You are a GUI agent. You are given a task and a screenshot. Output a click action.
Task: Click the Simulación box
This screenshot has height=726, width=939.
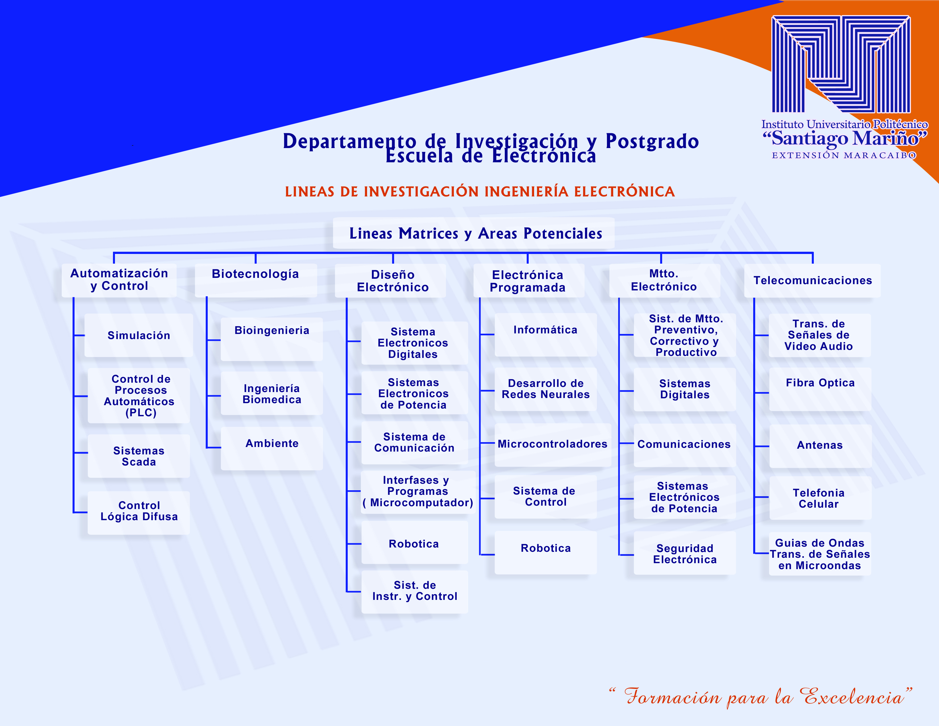[139, 335]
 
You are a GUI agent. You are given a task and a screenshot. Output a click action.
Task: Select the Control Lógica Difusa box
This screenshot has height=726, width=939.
[139, 513]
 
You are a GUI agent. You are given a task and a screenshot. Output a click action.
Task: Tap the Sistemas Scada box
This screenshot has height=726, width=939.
[139, 456]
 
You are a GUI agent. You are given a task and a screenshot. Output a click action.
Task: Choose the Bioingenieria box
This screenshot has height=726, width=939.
[272, 339]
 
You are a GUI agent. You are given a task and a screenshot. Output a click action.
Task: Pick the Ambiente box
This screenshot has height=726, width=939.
[272, 448]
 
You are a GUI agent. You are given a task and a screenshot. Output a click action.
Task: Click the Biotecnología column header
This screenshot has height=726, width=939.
[256, 280]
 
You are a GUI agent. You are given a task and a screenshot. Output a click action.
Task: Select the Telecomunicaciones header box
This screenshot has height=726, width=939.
[812, 280]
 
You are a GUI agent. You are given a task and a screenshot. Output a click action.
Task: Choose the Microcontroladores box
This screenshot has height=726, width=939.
[553, 445]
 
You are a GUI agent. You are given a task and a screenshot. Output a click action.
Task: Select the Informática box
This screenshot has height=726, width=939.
[545, 335]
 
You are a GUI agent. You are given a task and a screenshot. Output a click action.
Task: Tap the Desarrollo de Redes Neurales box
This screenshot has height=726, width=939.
[545, 389]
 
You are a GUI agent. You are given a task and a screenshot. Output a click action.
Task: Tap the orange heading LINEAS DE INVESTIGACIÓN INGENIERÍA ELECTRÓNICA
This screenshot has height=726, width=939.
[480, 191]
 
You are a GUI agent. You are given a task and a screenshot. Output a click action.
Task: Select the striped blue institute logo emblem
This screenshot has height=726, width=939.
[841, 65]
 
